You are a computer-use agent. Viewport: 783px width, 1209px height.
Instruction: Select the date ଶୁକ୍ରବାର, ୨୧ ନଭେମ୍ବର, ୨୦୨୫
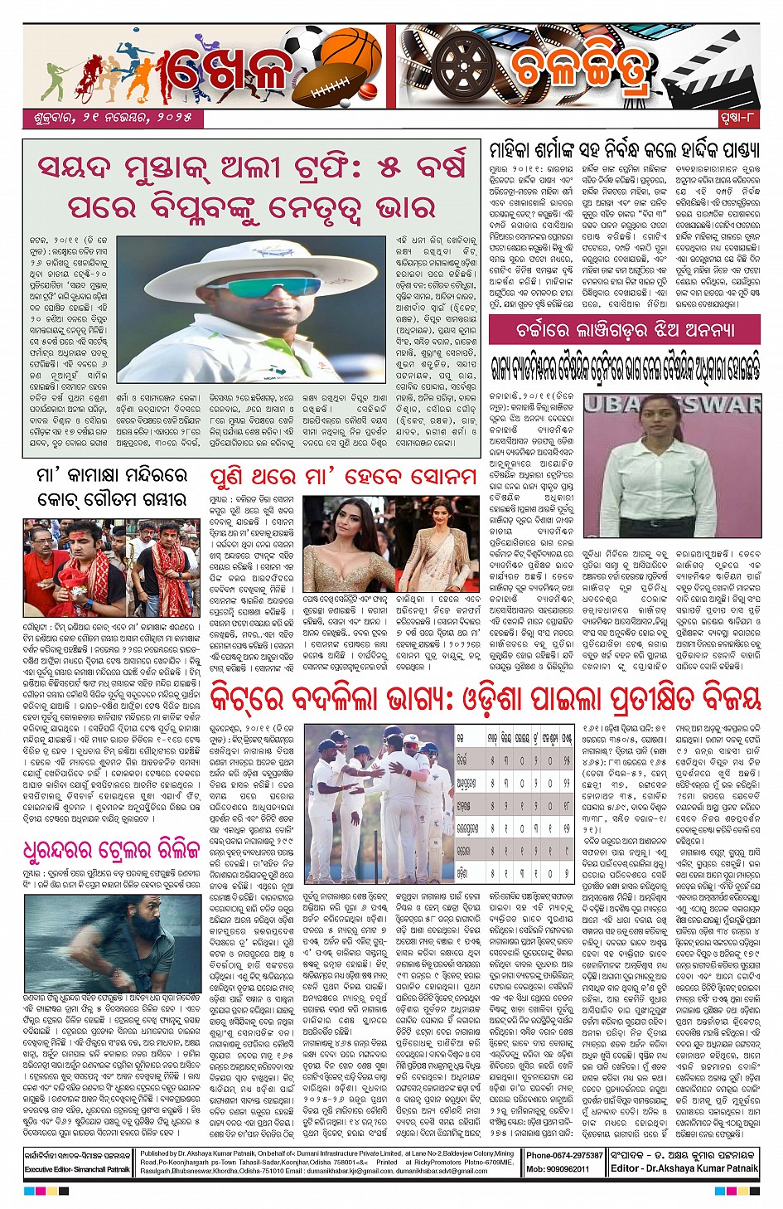[113, 119]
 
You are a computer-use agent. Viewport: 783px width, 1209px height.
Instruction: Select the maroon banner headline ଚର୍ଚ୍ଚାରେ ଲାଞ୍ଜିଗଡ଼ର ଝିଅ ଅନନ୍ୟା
[624, 330]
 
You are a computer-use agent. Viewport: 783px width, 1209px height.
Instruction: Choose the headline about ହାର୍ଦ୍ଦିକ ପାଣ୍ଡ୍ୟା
[624, 150]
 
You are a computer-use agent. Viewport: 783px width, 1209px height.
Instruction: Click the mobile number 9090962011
[569, 1168]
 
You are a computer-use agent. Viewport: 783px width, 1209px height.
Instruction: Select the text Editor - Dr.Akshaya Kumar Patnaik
[684, 1168]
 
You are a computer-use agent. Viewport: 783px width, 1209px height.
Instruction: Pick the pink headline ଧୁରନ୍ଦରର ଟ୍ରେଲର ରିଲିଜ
[112, 850]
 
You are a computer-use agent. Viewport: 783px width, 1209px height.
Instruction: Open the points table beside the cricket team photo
[515, 804]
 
